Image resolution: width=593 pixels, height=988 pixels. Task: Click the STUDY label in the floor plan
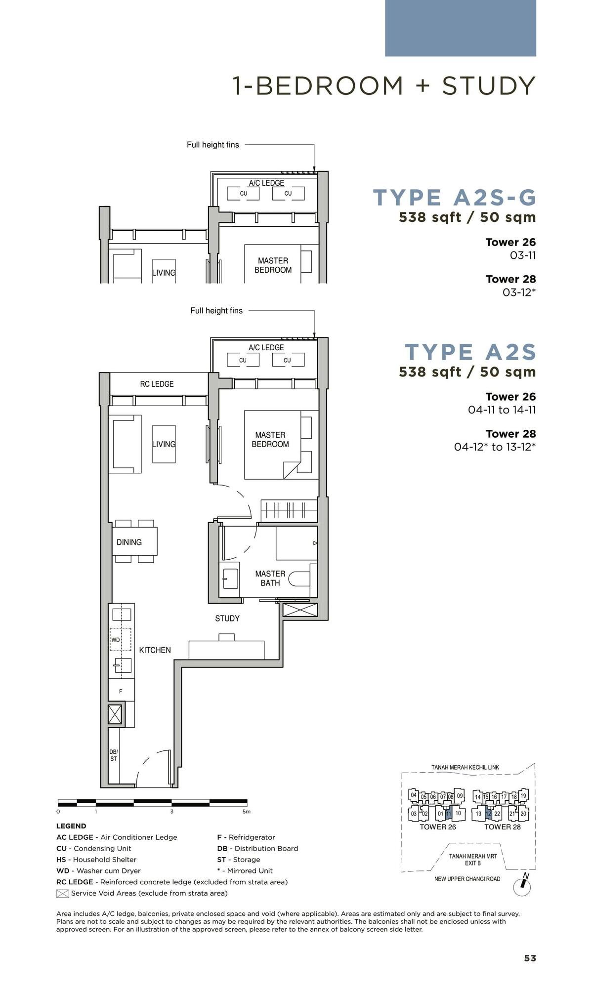[x=227, y=618]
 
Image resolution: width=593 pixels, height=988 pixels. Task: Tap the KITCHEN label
[x=155, y=650]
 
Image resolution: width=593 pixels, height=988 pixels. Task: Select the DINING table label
[x=129, y=542]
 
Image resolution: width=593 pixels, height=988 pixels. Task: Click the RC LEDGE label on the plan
[x=157, y=384]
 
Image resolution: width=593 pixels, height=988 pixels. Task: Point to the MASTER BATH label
[x=270, y=578]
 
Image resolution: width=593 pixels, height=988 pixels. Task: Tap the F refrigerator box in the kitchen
[x=121, y=691]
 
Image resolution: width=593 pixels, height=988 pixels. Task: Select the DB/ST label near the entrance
[x=114, y=755]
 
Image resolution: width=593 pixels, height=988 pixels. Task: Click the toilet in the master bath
[x=302, y=579]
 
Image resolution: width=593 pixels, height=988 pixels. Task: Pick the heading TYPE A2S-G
[x=454, y=198]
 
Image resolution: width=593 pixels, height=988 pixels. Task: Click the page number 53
[x=530, y=958]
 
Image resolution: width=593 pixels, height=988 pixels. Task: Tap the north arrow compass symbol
[x=522, y=887]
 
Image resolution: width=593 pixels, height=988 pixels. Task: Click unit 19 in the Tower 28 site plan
[x=523, y=796]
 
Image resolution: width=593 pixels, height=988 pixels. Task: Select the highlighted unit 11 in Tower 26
[x=448, y=813]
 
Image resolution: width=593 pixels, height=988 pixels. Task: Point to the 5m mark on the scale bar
[x=246, y=812]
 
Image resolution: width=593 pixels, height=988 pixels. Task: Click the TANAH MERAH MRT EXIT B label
[x=472, y=859]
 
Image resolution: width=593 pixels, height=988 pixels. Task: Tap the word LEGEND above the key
[x=71, y=825]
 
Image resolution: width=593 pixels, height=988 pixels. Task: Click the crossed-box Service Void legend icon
[x=62, y=893]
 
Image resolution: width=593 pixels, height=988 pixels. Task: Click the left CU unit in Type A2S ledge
[x=243, y=360]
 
